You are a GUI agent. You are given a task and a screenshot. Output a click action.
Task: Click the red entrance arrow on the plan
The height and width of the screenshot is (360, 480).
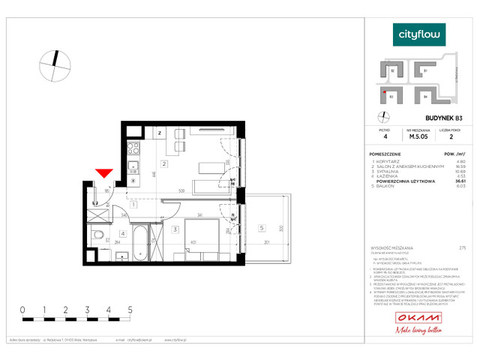tap(104, 174)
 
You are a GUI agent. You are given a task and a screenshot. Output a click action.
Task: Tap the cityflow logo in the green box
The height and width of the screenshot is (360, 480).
tap(420, 34)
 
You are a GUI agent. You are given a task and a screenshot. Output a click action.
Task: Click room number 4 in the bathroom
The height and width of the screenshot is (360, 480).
tap(121, 232)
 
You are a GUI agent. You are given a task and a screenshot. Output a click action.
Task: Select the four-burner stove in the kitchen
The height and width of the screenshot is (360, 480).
tap(132, 148)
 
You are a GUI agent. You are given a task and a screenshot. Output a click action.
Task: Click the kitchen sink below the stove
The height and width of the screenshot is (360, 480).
tap(132, 166)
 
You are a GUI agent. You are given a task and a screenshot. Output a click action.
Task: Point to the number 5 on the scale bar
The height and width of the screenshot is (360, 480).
tap(130, 309)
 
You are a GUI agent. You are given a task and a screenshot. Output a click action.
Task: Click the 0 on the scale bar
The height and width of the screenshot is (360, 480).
tap(22, 309)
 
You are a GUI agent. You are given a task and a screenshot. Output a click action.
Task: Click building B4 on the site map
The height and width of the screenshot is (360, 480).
tap(425, 96)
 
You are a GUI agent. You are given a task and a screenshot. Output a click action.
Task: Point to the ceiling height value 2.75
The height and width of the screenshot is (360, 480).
tap(462, 247)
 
